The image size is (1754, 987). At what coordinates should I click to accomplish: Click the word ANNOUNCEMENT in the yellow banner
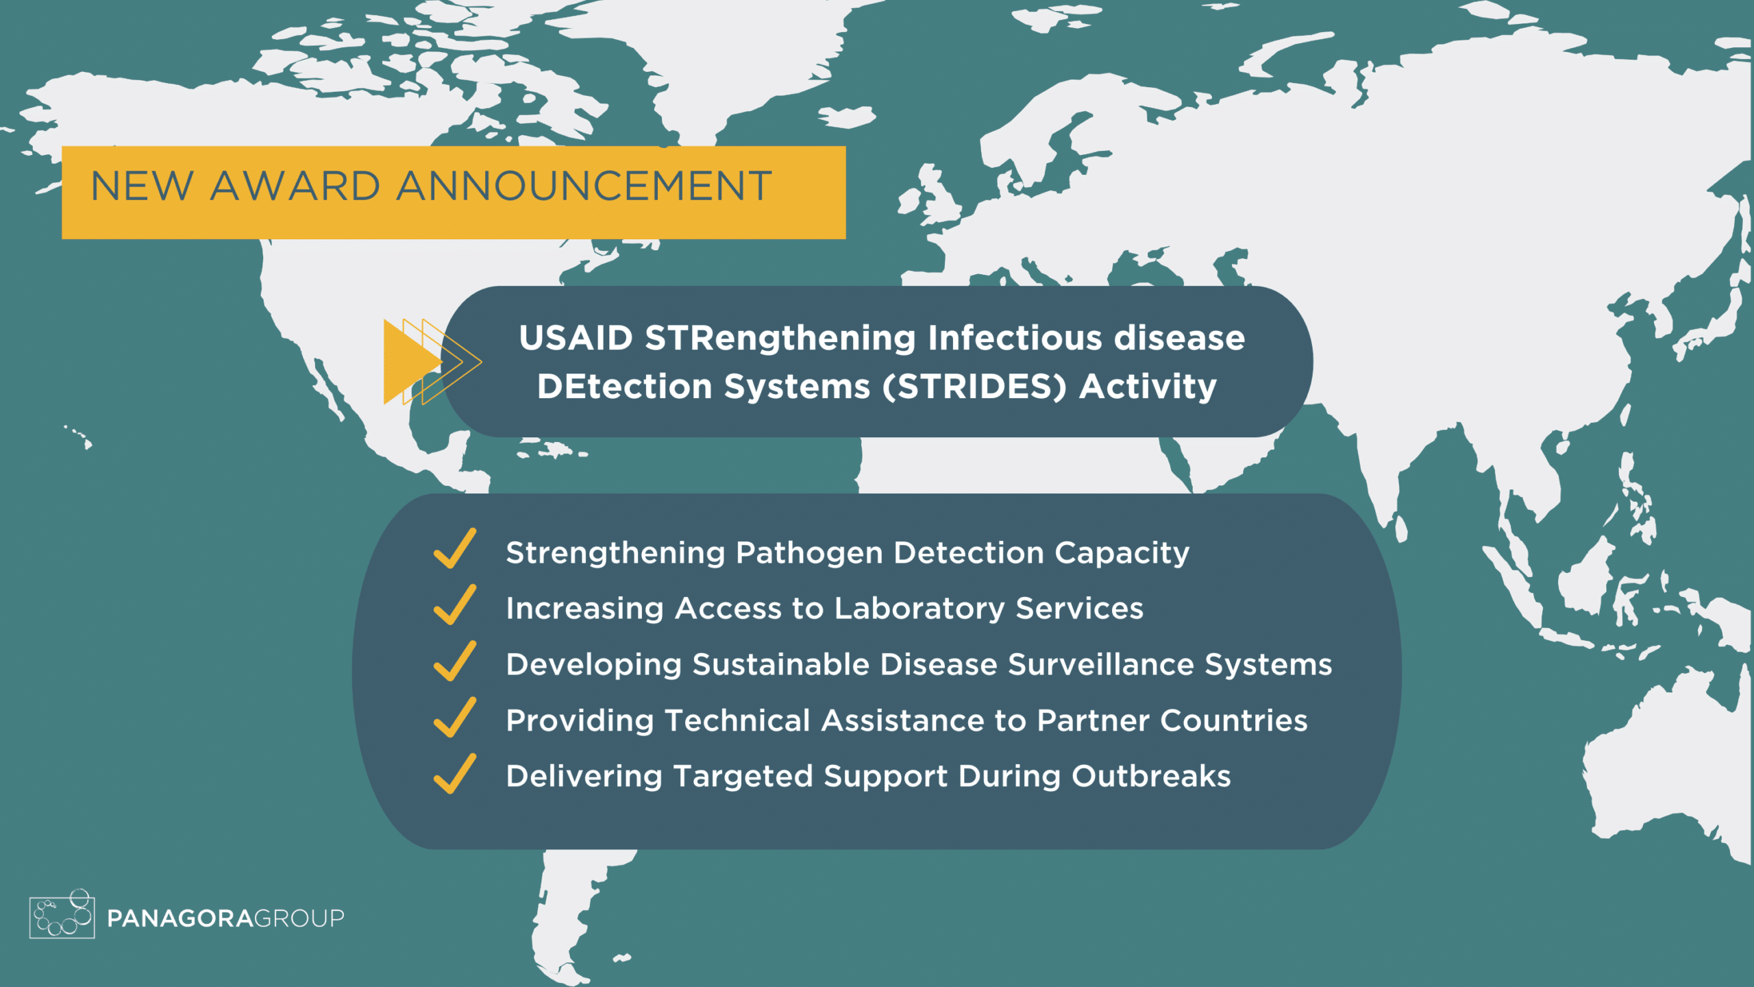[584, 186]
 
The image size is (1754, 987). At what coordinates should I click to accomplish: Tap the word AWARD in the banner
[295, 186]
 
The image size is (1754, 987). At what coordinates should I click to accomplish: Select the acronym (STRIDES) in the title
[974, 387]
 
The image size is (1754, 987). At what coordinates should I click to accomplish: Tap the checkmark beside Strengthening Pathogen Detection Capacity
[455, 548]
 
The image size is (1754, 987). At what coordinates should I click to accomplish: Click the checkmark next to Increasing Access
[455, 605]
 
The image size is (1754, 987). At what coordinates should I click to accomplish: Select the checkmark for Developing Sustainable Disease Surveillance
[455, 661]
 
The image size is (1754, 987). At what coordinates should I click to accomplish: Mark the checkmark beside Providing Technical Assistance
[455, 717]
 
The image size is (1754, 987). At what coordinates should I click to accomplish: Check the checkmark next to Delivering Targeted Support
[455, 773]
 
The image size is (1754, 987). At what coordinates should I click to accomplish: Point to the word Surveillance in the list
[1100, 664]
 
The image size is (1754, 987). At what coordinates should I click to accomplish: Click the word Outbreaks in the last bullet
[1150, 777]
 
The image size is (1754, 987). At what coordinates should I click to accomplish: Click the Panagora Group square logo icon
[62, 914]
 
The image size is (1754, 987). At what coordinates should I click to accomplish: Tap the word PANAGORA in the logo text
[180, 918]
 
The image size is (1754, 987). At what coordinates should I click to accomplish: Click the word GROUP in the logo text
[299, 918]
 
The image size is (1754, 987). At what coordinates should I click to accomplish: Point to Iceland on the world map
[847, 117]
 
